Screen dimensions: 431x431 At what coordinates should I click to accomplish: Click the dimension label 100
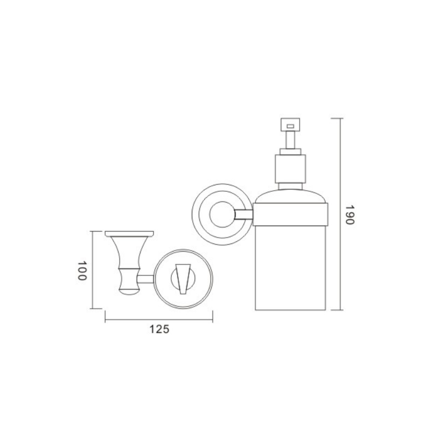coord(82,271)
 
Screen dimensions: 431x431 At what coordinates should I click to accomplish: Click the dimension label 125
coord(159,329)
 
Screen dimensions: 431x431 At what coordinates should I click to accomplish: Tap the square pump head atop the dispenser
coord(290,125)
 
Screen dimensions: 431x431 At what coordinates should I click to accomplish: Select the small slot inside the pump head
coord(290,127)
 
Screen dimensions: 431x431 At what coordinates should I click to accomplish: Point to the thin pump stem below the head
coord(290,140)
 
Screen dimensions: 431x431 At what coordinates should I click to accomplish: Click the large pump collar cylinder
coord(290,169)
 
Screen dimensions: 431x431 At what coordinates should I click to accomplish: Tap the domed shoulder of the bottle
coord(290,196)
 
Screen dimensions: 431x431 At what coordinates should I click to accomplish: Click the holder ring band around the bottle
coord(290,214)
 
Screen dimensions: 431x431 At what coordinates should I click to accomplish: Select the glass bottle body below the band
coord(290,268)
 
